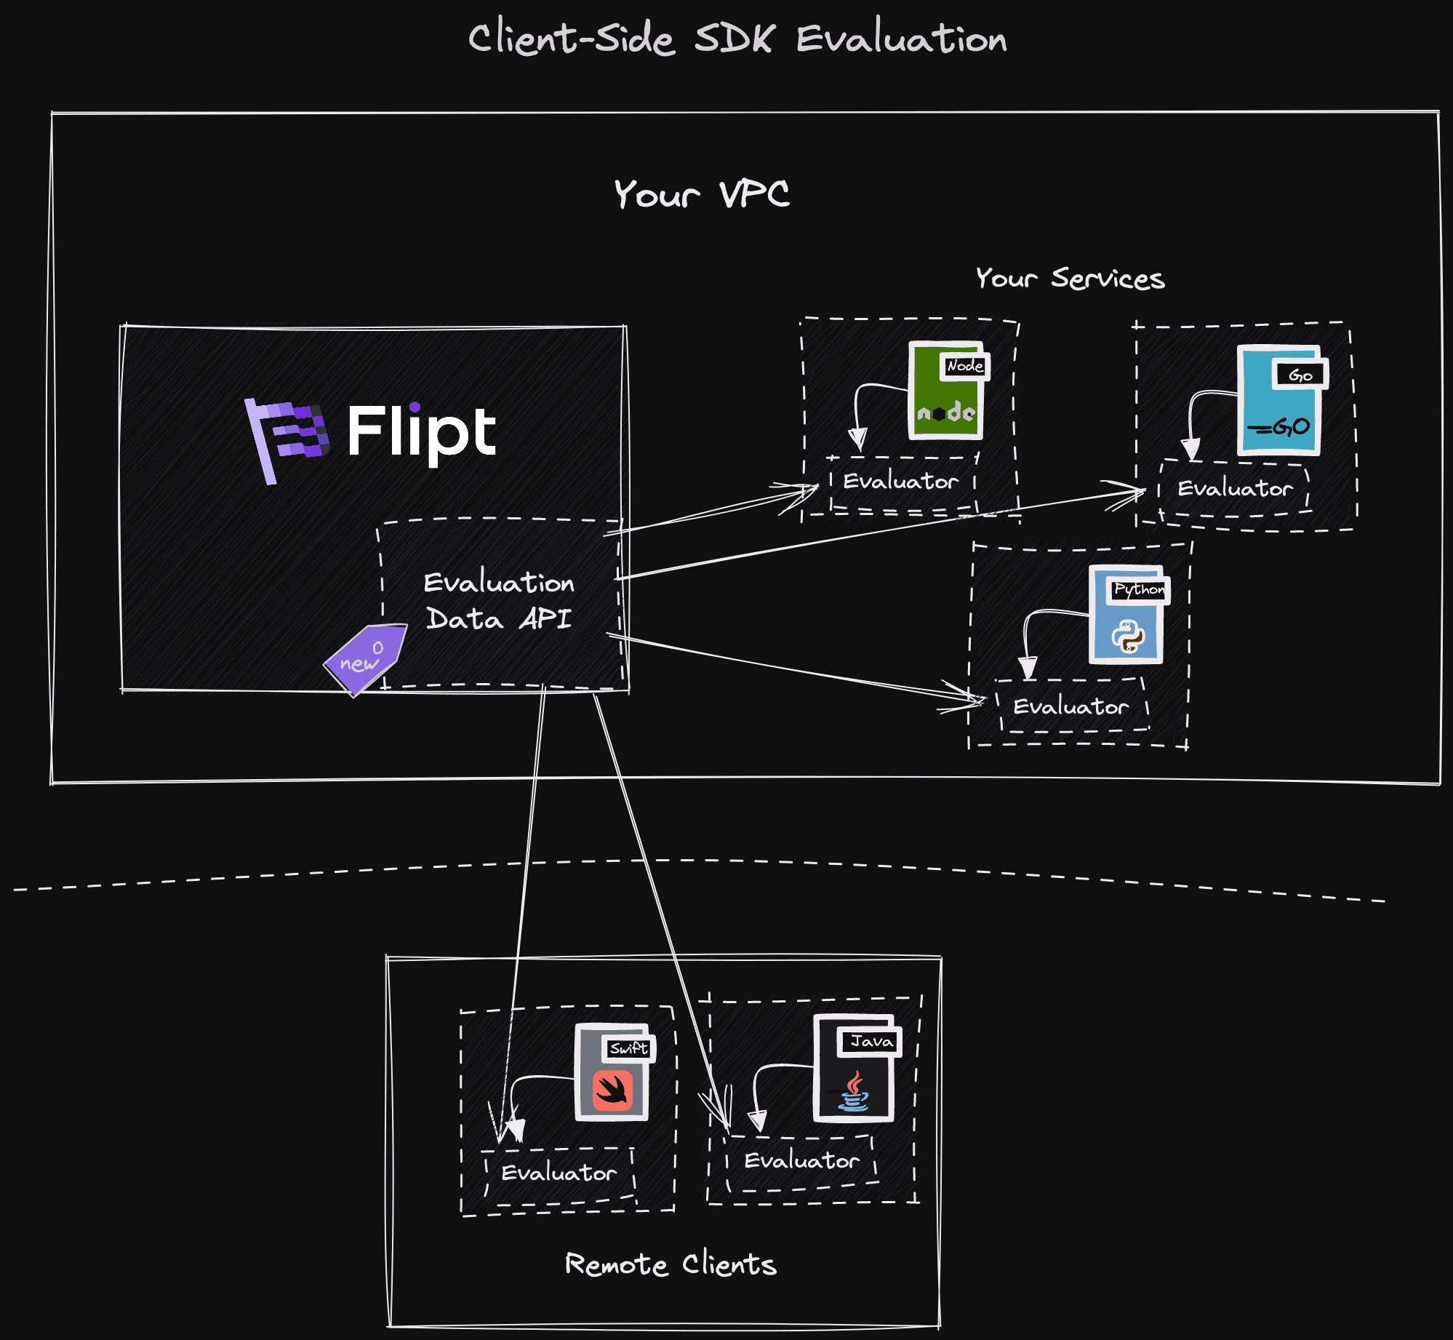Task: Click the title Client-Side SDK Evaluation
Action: pyautogui.click(x=737, y=38)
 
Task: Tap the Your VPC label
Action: pyautogui.click(x=702, y=194)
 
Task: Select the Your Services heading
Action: pyautogui.click(x=1070, y=278)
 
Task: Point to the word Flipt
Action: pyautogui.click(x=422, y=432)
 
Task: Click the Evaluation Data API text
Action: pyautogui.click(x=499, y=601)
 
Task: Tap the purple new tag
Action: pyautogui.click(x=364, y=657)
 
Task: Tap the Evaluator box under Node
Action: pyautogui.click(x=901, y=482)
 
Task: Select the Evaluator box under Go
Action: pyautogui.click(x=1235, y=488)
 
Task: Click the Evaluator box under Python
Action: pyautogui.click(x=1070, y=706)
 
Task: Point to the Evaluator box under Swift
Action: pyautogui.click(x=559, y=1173)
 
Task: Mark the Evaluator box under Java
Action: pyautogui.click(x=801, y=1160)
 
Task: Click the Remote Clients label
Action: pyautogui.click(x=671, y=1264)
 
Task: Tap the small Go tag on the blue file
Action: pyautogui.click(x=1300, y=375)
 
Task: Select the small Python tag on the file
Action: pyautogui.click(x=1139, y=589)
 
